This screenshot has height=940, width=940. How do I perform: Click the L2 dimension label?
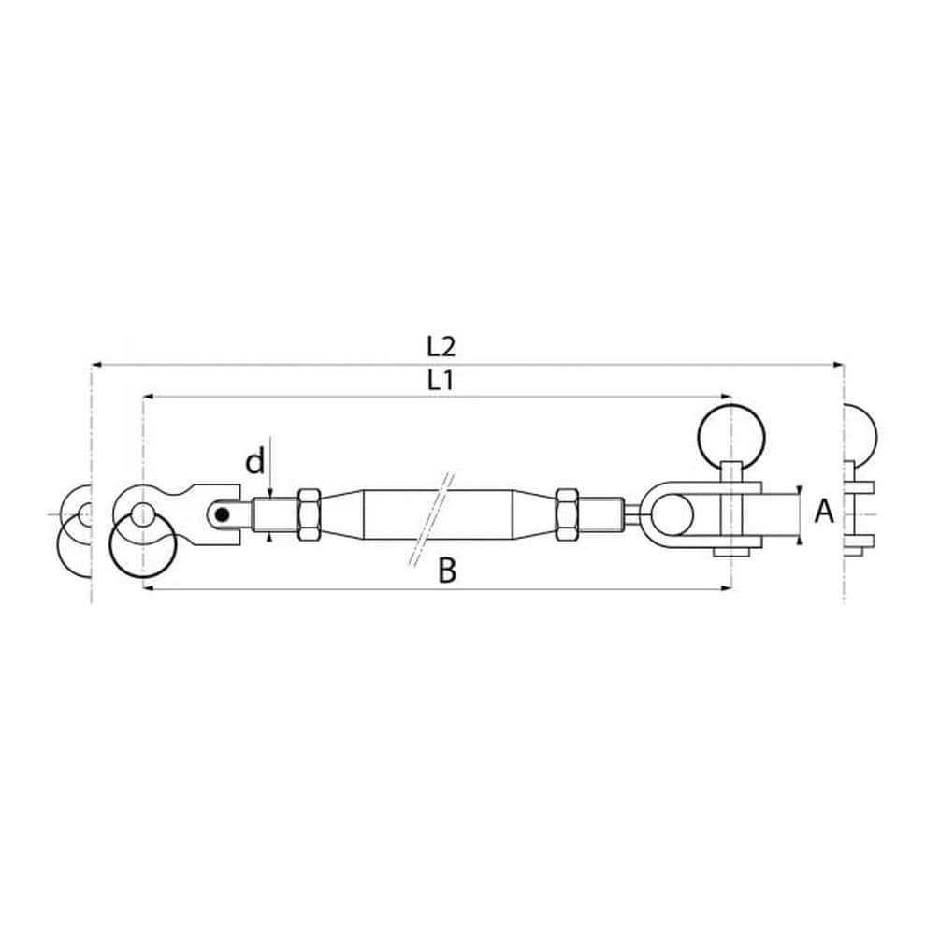coord(441,346)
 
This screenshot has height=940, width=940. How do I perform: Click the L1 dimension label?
coord(441,380)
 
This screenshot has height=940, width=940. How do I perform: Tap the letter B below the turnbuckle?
coord(447,571)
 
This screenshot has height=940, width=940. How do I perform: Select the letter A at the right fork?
coord(824,512)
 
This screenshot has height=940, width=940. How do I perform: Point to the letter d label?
coord(254,462)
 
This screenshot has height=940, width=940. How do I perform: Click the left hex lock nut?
coord(310,515)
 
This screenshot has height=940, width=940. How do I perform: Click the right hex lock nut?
coord(567,515)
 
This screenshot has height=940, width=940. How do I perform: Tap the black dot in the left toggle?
coord(223,514)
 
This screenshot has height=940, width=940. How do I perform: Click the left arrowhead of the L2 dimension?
coord(96,364)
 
